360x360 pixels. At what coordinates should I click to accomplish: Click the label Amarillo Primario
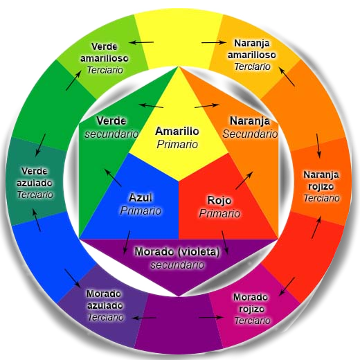(x=177, y=138)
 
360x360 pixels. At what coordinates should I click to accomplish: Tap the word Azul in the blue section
(x=141, y=197)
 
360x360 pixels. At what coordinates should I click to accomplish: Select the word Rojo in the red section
(x=219, y=200)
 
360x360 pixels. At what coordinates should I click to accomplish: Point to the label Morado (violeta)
(x=177, y=251)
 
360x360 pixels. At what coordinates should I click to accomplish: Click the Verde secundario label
(x=111, y=127)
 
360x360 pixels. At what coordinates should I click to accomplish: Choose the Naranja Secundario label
(x=250, y=127)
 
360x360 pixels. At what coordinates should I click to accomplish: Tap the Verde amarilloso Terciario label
(x=105, y=58)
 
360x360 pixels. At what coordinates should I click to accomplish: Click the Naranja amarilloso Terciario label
(x=252, y=55)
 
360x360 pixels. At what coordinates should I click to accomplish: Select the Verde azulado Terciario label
(x=35, y=183)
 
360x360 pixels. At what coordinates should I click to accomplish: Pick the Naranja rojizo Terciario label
(x=321, y=186)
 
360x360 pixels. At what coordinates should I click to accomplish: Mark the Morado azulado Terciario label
(x=105, y=305)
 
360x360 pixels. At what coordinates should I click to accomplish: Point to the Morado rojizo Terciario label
(x=251, y=309)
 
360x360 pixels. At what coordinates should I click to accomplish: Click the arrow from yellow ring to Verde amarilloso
(x=141, y=42)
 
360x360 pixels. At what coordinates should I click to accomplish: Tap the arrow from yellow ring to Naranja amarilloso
(x=213, y=42)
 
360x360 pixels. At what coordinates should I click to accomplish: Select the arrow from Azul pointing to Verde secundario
(x=113, y=178)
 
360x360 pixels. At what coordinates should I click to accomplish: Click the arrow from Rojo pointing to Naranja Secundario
(x=244, y=180)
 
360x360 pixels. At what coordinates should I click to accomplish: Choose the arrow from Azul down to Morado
(x=127, y=242)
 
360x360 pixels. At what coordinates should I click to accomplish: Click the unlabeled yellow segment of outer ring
(x=178, y=39)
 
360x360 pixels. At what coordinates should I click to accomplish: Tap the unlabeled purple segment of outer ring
(x=178, y=322)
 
